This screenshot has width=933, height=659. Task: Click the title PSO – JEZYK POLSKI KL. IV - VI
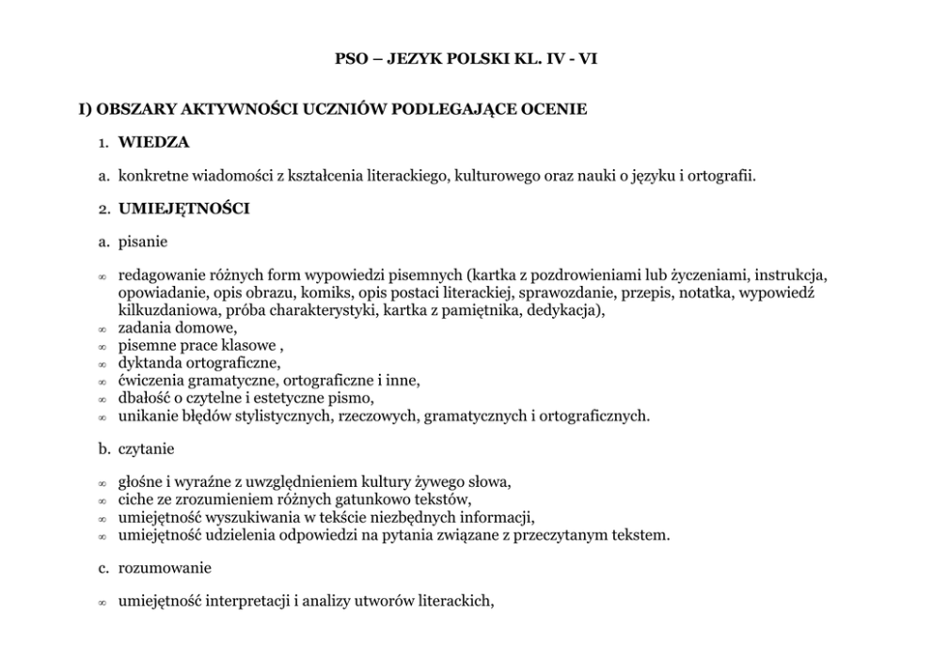pos(466,58)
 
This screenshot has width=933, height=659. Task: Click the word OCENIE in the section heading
pos(556,109)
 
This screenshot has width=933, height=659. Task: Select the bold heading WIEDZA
pos(153,142)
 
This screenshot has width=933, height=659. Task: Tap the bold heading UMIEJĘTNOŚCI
pos(183,209)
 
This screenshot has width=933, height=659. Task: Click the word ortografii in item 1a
pos(721,176)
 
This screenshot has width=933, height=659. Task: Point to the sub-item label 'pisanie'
pos(143,242)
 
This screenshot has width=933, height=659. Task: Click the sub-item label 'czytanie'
pos(147,449)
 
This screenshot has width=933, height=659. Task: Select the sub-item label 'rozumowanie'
pos(165,568)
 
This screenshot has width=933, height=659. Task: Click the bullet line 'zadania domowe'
pos(177,328)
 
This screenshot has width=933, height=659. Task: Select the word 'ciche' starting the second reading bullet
pos(135,500)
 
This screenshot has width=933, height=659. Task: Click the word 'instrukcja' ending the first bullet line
pos(791,275)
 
